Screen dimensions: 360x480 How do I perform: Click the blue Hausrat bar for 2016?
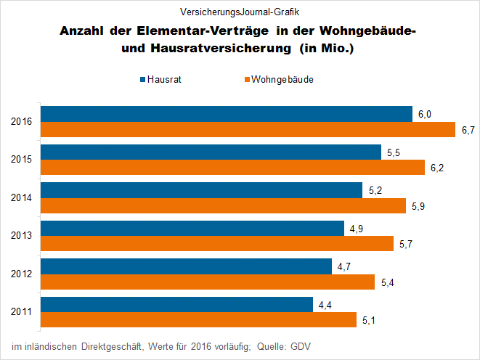[227, 114]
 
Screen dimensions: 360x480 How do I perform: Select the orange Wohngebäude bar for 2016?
[248, 130]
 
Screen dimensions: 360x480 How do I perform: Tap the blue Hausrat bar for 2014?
[201, 190]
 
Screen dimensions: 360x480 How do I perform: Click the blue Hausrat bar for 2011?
[176, 304]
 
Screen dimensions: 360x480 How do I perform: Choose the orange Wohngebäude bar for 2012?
[208, 282]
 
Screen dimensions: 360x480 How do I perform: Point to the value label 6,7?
[468, 130]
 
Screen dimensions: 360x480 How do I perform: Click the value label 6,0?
[425, 114]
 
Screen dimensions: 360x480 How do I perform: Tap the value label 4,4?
[325, 304]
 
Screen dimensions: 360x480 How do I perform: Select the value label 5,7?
[406, 244]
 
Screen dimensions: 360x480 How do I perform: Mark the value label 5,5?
[394, 152]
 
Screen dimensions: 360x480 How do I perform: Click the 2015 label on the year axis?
[22, 160]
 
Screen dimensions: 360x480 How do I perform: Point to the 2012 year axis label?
[22, 274]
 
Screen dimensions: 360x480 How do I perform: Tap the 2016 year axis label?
[22, 122]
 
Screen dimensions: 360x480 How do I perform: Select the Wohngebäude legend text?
[282, 79]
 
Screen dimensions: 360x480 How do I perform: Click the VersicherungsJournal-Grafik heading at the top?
[239, 12]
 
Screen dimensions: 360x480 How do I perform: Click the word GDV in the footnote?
[301, 345]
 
